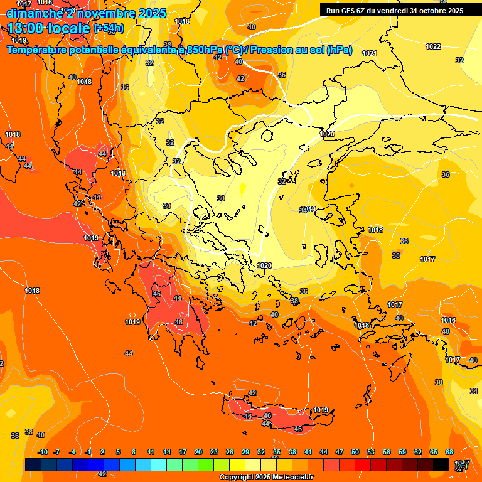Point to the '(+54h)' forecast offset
click(x=109, y=28)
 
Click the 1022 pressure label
click(x=433, y=46)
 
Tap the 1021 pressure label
click(x=370, y=53)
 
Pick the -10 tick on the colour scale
click(x=43, y=452)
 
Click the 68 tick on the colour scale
click(x=449, y=452)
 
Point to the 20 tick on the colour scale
click(x=198, y=452)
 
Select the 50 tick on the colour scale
click(x=355, y=452)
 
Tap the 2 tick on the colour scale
click(x=103, y=452)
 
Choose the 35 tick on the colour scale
click(x=277, y=452)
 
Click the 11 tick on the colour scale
click(x=151, y=452)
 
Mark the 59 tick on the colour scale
click(x=402, y=452)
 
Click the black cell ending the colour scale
click(x=441, y=464)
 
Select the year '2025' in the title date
click(x=153, y=13)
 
